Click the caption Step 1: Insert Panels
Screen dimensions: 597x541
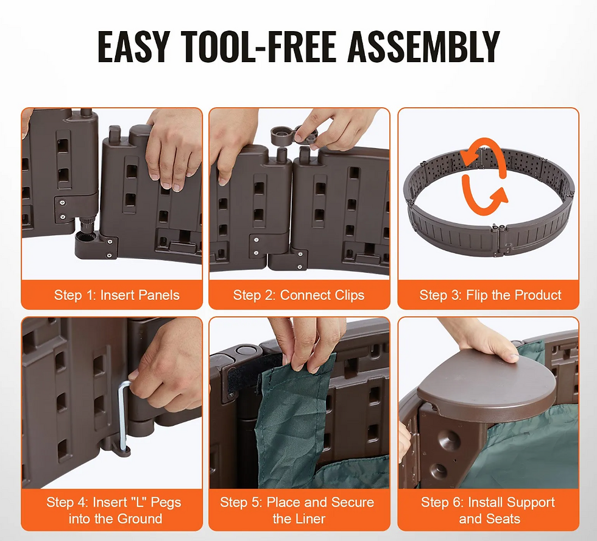pos(116,295)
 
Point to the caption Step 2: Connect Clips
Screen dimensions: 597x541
pos(298,295)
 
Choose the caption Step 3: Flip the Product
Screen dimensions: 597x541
pos(490,295)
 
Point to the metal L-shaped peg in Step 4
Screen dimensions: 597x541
pos(122,415)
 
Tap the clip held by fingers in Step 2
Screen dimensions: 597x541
pos(293,135)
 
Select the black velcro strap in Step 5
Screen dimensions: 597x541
pos(254,371)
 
